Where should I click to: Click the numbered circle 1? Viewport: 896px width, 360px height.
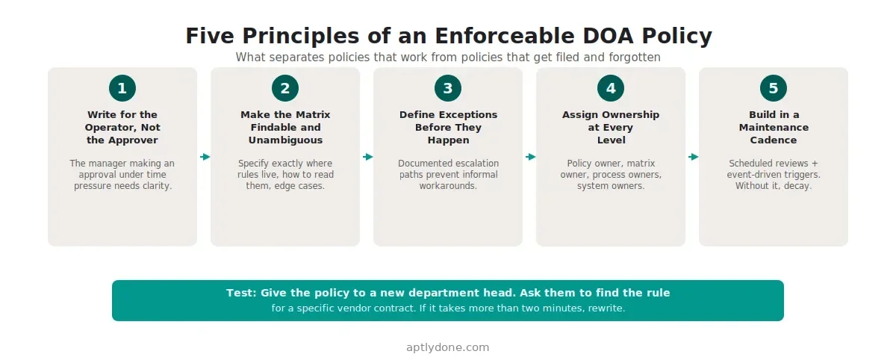(122, 88)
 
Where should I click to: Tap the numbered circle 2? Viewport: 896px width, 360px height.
(285, 88)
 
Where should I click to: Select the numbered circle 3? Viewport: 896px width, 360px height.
(448, 88)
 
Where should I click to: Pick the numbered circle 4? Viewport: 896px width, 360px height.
(611, 88)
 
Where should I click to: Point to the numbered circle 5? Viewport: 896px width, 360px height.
(774, 88)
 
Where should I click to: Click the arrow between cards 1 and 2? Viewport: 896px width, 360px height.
(205, 157)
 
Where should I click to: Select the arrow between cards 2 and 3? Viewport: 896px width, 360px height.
(367, 157)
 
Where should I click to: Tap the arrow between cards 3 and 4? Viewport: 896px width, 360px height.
(530, 157)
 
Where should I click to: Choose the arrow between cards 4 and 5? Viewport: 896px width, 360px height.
(693, 157)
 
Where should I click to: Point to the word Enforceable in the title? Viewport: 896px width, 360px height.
(488, 36)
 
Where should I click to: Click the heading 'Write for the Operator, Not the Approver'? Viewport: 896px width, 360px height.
(122, 127)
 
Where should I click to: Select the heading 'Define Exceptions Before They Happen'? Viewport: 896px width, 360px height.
(448, 127)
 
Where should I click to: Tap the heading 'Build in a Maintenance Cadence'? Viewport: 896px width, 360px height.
(774, 127)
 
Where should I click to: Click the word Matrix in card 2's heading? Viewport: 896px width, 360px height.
(311, 114)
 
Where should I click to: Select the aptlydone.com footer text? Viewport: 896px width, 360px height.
(448, 347)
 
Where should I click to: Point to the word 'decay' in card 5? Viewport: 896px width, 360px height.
(797, 185)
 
